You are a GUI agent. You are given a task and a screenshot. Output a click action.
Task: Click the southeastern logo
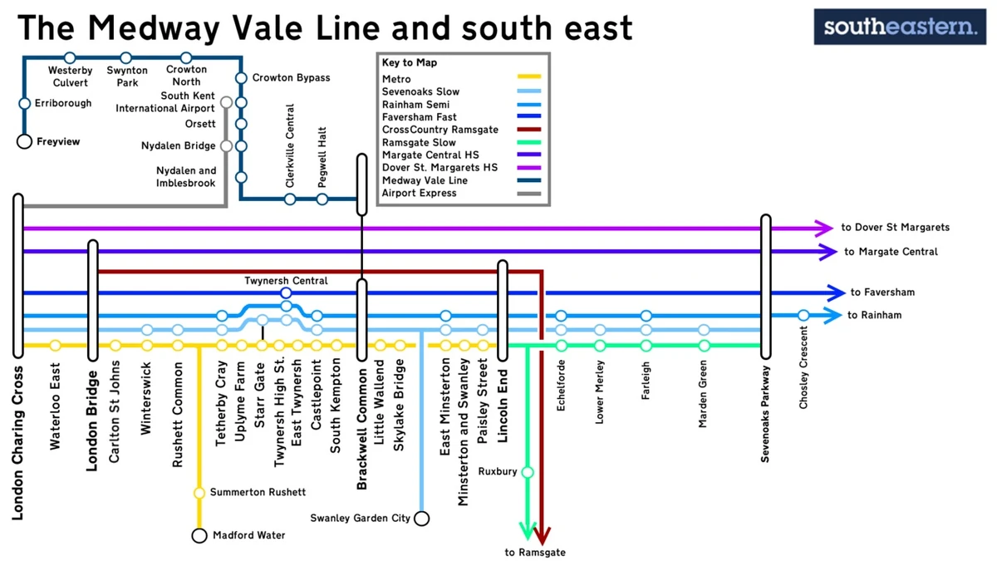(x=900, y=27)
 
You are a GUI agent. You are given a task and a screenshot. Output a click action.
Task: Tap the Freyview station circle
(x=24, y=142)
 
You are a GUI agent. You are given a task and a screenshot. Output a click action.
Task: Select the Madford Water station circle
(x=199, y=536)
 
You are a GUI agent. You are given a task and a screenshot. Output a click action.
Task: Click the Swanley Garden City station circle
(x=422, y=519)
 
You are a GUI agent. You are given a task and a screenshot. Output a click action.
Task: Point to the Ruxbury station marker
(x=527, y=472)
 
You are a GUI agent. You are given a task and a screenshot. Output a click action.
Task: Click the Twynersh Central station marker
(x=286, y=293)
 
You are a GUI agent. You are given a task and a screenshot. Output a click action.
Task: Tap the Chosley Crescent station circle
(x=803, y=315)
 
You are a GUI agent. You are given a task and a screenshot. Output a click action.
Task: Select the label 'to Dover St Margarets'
(x=895, y=228)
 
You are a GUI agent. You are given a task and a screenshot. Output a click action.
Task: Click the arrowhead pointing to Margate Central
(x=828, y=252)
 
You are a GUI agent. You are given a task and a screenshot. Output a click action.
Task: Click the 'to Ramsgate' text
(x=535, y=553)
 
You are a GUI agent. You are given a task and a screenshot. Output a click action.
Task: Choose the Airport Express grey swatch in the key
(x=528, y=194)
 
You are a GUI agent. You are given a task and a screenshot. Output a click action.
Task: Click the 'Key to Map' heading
(x=409, y=63)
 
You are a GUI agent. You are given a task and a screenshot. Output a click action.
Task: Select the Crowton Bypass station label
(x=291, y=78)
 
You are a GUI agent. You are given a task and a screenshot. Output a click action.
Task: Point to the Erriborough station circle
(x=24, y=104)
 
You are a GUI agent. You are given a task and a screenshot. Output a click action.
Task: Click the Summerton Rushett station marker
(x=199, y=493)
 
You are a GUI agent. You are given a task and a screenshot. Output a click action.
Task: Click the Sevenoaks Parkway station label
(x=765, y=414)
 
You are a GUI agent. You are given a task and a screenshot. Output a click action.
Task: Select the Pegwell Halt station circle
(x=322, y=199)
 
